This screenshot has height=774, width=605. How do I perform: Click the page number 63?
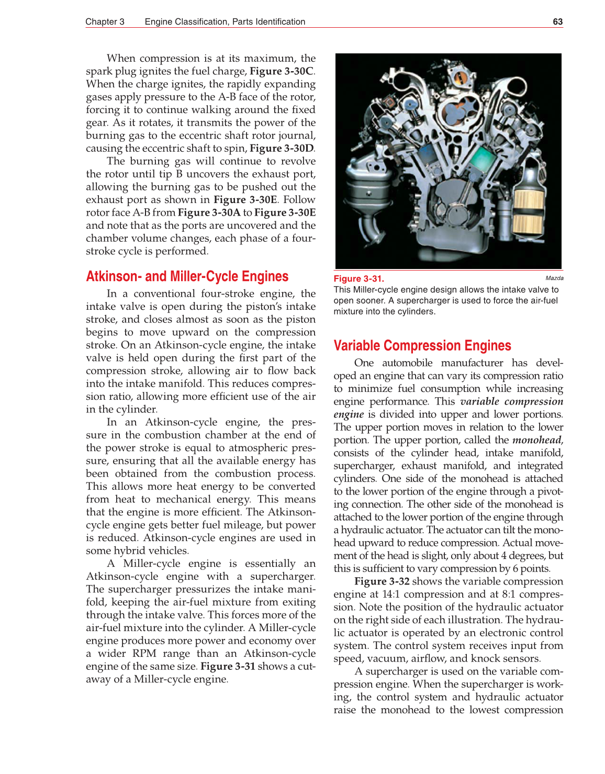557,21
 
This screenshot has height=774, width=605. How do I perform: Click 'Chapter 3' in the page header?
105,21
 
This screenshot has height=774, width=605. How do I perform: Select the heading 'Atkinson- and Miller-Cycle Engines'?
187,276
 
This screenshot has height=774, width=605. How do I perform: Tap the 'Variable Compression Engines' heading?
422,345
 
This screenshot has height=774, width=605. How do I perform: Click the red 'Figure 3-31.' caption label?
358,278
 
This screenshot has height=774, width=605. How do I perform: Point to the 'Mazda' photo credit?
554,278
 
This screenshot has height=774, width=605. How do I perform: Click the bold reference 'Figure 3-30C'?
282,71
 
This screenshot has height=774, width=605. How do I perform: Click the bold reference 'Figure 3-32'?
382,581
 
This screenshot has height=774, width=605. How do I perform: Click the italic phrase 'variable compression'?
511,401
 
